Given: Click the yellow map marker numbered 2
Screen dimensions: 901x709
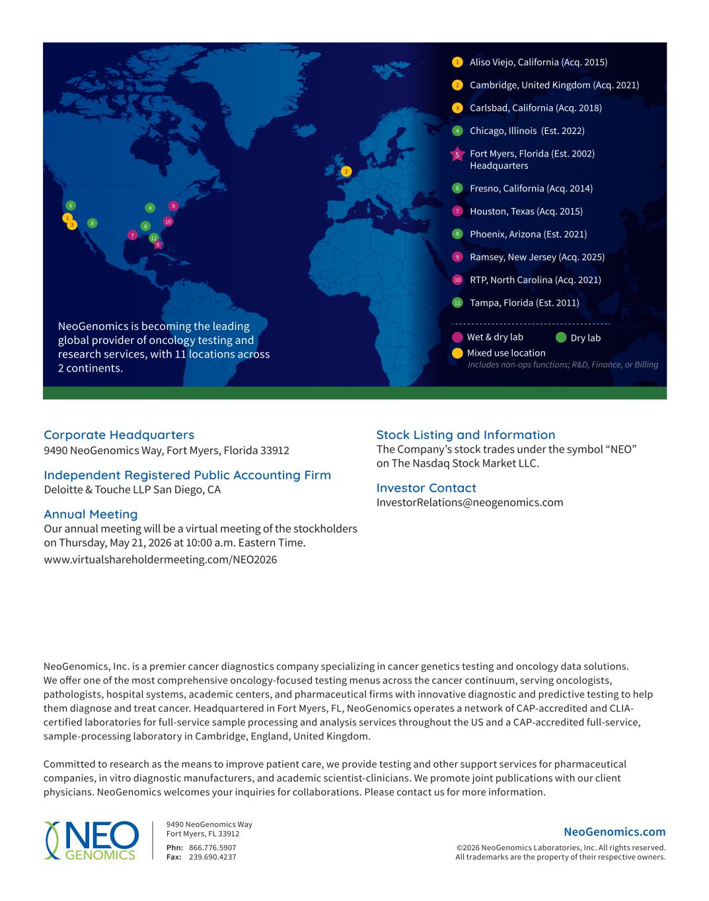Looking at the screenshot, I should coord(346,172).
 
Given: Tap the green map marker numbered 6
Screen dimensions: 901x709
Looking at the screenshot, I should coord(71,205).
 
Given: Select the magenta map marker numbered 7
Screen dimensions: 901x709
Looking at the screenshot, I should coord(133,235).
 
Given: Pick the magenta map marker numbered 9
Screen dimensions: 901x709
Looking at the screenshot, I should coord(173,206).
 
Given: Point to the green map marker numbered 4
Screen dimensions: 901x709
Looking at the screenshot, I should coord(150,208).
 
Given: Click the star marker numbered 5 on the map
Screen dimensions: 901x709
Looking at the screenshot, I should coord(158,245).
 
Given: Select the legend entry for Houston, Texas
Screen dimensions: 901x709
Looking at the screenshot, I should coord(526,211).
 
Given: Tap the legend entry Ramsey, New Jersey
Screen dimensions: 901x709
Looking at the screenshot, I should coord(537,257).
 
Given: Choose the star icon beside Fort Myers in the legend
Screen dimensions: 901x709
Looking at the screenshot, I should coord(457,155).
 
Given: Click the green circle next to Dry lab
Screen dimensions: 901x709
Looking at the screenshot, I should coord(561,337).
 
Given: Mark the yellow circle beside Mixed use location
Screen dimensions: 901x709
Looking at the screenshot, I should coord(457,353).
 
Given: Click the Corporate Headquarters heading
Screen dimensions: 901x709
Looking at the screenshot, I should coord(119,435).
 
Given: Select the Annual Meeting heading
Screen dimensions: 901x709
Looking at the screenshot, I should coord(91,514).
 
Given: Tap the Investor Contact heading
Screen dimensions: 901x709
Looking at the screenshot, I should coord(426,488).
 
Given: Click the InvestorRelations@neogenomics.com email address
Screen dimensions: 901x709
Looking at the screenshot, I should coord(470,502).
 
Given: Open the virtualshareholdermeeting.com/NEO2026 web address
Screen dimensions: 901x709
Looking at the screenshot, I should coord(161,560).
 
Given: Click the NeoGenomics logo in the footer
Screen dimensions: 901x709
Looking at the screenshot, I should coord(91,840).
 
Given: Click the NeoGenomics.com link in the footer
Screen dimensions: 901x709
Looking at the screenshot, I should coord(615,832).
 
